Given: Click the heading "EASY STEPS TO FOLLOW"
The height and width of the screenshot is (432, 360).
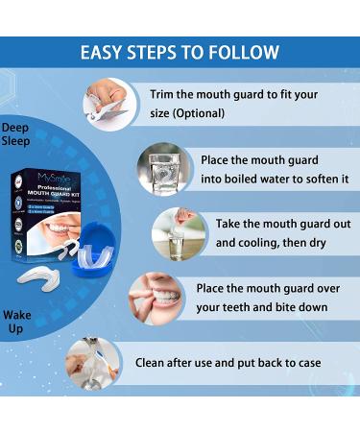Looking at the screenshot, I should coord(180,52).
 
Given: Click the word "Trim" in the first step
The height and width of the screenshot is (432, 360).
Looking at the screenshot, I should coord(162,95).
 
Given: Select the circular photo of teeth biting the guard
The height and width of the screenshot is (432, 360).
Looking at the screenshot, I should coord(153,296).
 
